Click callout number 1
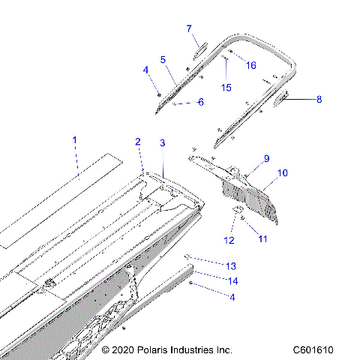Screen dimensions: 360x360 (x=74, y=140)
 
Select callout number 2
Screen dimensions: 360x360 (x=138, y=142)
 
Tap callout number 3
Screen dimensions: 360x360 (x=163, y=142)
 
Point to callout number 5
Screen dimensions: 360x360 (x=163, y=59)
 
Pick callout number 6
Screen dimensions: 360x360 (x=200, y=102)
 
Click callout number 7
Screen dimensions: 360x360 (x=189, y=28)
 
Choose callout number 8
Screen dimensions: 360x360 (x=319, y=98)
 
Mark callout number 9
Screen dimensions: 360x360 (x=265, y=158)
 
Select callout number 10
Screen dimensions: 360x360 (x=283, y=173)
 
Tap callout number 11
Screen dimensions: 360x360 (x=262, y=238)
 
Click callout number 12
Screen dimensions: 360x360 (x=229, y=240)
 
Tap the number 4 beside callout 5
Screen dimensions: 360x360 (x=147, y=70)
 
